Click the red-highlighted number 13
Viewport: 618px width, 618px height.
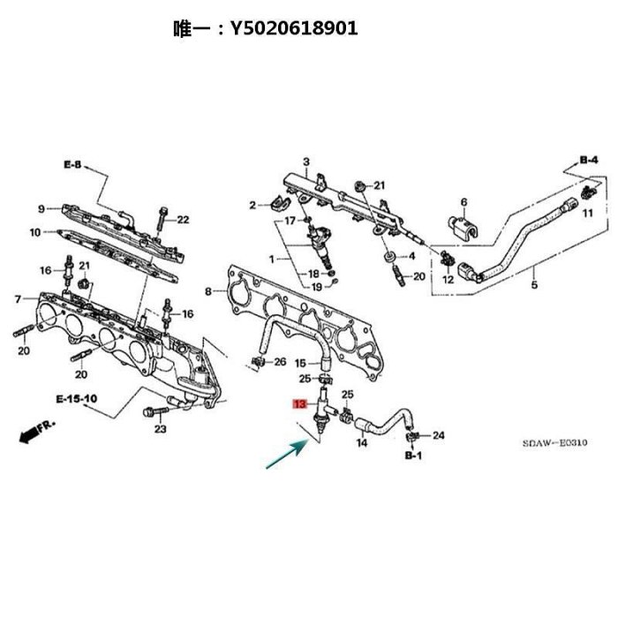click(299, 404)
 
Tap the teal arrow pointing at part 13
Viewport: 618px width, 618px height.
click(286, 455)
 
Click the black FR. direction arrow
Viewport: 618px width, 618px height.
click(37, 432)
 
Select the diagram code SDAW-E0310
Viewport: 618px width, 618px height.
click(554, 442)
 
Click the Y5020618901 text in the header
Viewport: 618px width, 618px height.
click(294, 28)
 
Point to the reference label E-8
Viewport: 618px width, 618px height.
click(72, 164)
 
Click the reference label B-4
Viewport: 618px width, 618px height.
click(589, 160)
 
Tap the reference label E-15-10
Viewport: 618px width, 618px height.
click(77, 399)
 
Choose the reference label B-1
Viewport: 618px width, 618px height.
click(413, 456)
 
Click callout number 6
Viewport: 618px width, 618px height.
click(463, 202)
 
